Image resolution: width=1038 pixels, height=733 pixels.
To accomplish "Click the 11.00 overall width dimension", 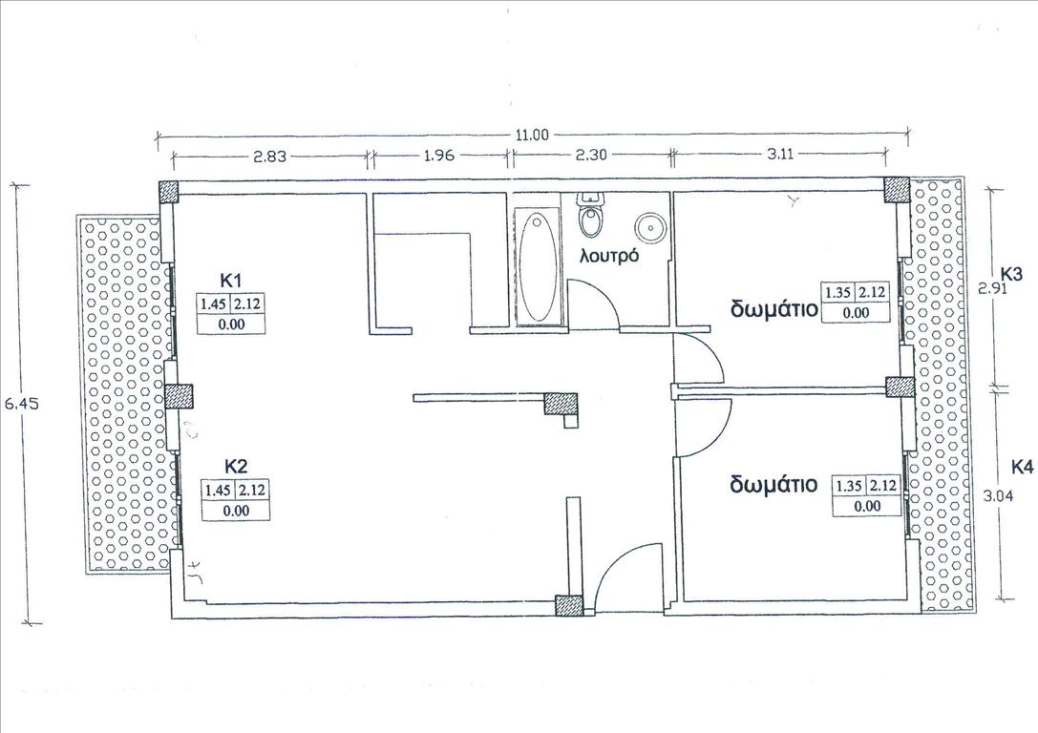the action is [532, 136].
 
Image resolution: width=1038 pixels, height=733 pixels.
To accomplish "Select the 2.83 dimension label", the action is [269, 157].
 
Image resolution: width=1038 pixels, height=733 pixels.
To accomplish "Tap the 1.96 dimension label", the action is [438, 156].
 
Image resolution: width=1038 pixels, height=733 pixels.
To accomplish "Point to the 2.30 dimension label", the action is [590, 156].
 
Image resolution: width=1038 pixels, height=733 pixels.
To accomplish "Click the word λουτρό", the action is [609, 256].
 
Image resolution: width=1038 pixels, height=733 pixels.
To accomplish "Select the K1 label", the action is [232, 280].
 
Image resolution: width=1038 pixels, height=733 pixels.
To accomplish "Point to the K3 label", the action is [1011, 273].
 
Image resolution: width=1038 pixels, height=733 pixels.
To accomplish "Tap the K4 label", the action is [1022, 468].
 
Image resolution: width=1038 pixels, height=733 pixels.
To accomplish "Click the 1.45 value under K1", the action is [214, 304].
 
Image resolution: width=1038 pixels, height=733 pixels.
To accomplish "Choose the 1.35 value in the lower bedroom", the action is [849, 486].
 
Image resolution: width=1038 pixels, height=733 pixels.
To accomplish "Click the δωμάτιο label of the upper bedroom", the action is [774, 309].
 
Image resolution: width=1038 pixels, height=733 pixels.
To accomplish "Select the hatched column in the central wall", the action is [561, 404].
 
